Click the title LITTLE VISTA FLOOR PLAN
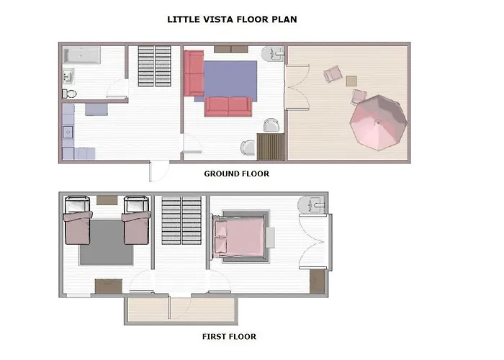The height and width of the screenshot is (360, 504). coord(231,19)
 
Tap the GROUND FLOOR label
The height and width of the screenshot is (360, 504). coord(236,174)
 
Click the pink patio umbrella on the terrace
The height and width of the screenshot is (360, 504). coord(379,123)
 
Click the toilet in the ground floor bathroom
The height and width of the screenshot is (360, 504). coord(69,93)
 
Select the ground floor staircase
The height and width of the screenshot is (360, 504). coord(153,66)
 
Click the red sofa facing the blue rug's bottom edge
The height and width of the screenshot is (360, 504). coord(228,106)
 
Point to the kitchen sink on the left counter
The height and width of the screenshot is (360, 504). coord(68,132)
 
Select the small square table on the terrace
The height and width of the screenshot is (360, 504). coord(351,81)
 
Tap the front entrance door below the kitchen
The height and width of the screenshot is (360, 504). coord(152,172)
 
